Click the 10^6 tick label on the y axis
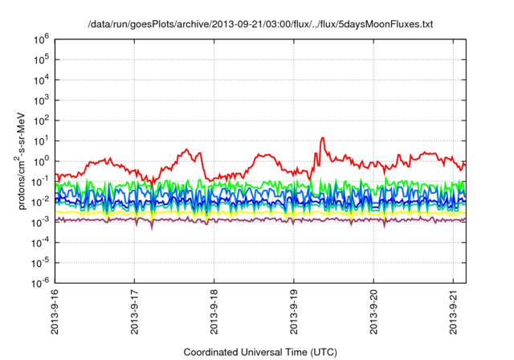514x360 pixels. (41, 38)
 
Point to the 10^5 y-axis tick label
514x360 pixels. (41, 58)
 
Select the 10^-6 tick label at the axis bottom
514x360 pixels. (40, 283)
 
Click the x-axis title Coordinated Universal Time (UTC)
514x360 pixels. (260, 352)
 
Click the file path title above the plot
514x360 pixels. (260, 25)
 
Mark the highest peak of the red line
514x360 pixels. (322, 137)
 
